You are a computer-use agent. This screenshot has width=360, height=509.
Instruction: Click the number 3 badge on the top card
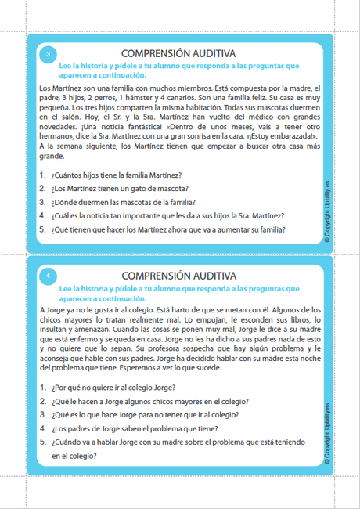[x=48, y=54]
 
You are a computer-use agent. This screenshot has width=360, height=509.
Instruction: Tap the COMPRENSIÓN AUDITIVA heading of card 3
[x=179, y=53]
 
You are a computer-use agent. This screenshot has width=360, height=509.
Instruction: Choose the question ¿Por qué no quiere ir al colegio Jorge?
[x=113, y=387]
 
